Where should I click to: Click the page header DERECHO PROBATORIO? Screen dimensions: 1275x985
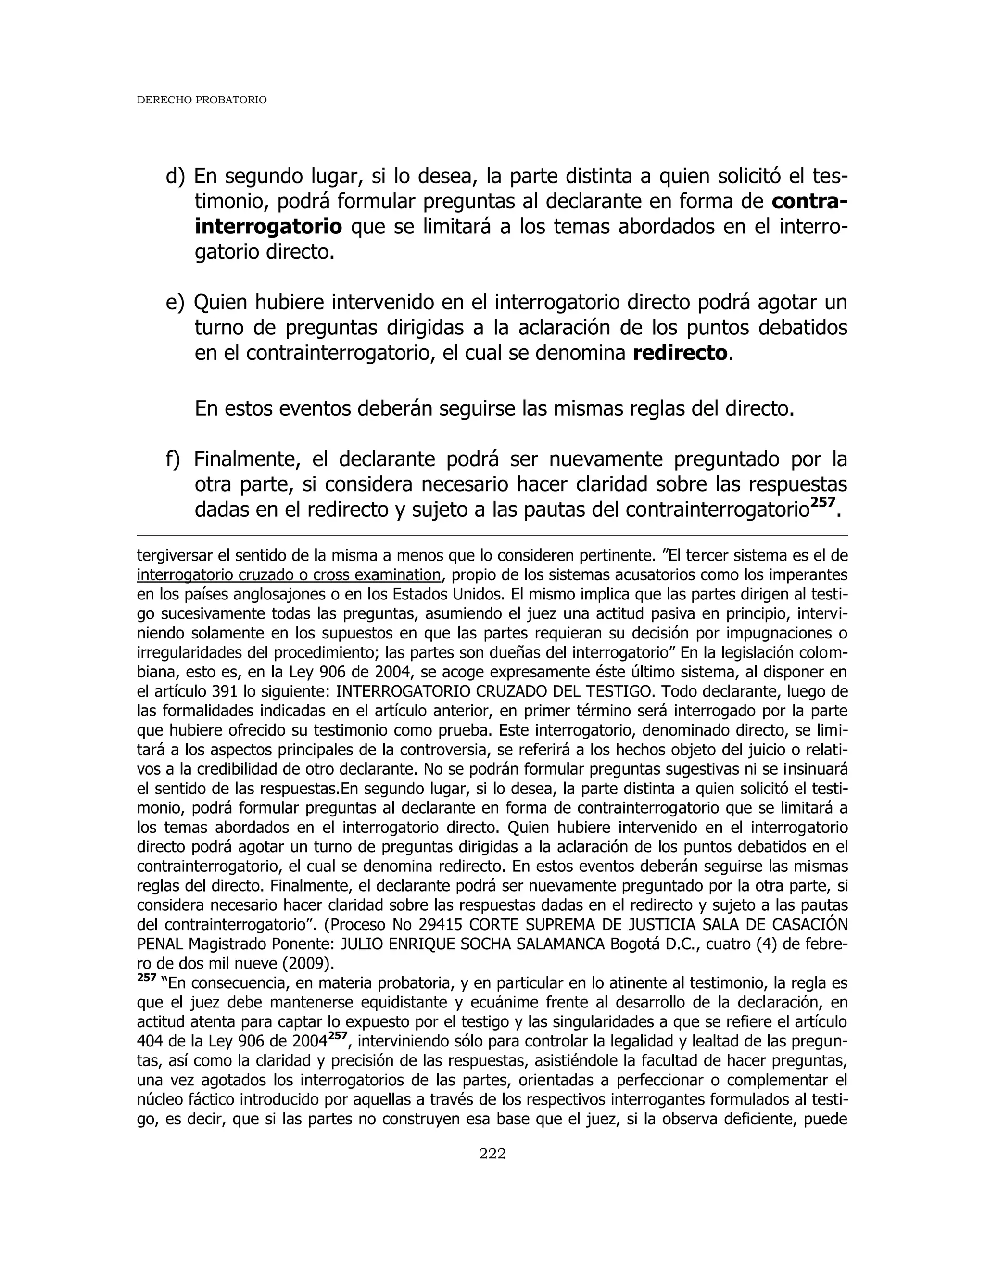(x=202, y=101)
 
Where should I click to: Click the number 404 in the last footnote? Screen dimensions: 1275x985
(x=150, y=1042)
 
